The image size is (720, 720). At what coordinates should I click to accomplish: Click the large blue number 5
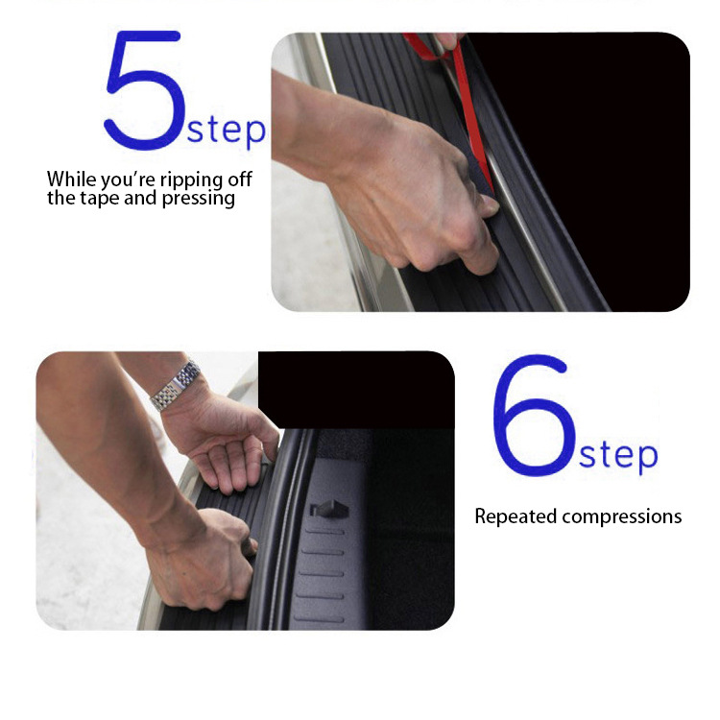(145, 90)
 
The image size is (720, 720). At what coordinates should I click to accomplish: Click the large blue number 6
(534, 415)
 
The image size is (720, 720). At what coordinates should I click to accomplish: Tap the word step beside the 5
(227, 130)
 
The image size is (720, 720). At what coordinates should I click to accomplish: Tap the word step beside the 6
(618, 455)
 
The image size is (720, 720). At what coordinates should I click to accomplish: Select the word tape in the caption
(100, 199)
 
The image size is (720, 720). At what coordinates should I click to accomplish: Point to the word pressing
(199, 199)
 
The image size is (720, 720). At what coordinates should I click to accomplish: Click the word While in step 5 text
(72, 179)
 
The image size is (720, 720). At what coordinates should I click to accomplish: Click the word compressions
(622, 517)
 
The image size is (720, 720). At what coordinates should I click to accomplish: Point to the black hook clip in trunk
(328, 508)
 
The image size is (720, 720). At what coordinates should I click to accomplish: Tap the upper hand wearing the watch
(223, 441)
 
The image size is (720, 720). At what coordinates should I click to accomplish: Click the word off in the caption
(240, 179)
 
